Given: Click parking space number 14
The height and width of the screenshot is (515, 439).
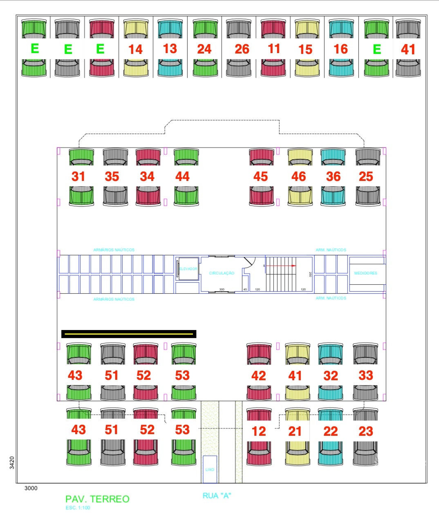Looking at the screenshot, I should (x=135, y=49).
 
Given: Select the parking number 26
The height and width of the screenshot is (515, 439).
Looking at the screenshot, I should (x=242, y=49).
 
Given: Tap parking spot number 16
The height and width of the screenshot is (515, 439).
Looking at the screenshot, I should (x=340, y=49).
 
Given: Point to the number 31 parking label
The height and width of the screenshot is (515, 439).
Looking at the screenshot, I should (x=78, y=176).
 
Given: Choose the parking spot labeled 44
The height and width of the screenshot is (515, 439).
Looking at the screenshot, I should (x=182, y=176).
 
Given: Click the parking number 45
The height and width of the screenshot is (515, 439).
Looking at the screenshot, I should (x=260, y=176).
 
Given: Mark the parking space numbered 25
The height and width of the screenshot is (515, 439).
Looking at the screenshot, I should (x=366, y=176).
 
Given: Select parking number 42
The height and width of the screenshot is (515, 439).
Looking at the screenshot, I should (x=258, y=376).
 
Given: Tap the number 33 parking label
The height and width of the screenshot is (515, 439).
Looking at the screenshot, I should (x=366, y=376).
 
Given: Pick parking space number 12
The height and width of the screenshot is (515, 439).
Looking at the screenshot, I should (x=258, y=431).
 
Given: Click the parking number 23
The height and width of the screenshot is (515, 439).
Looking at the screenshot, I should (x=366, y=431).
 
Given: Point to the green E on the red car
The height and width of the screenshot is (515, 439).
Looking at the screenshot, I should (x=100, y=49).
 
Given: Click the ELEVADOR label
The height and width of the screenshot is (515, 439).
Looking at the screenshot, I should (x=188, y=269).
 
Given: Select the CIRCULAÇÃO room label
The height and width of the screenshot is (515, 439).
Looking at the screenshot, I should (x=222, y=273).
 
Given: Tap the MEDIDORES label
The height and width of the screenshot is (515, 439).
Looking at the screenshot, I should (x=366, y=273).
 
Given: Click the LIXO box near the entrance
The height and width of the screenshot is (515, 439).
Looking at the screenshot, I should (x=210, y=469).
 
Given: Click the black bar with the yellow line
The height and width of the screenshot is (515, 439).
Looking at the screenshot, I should (x=129, y=334).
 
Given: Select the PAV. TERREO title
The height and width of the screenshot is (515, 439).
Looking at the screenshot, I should (x=97, y=499).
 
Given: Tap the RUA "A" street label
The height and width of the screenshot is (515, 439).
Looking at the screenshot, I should (x=217, y=496).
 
